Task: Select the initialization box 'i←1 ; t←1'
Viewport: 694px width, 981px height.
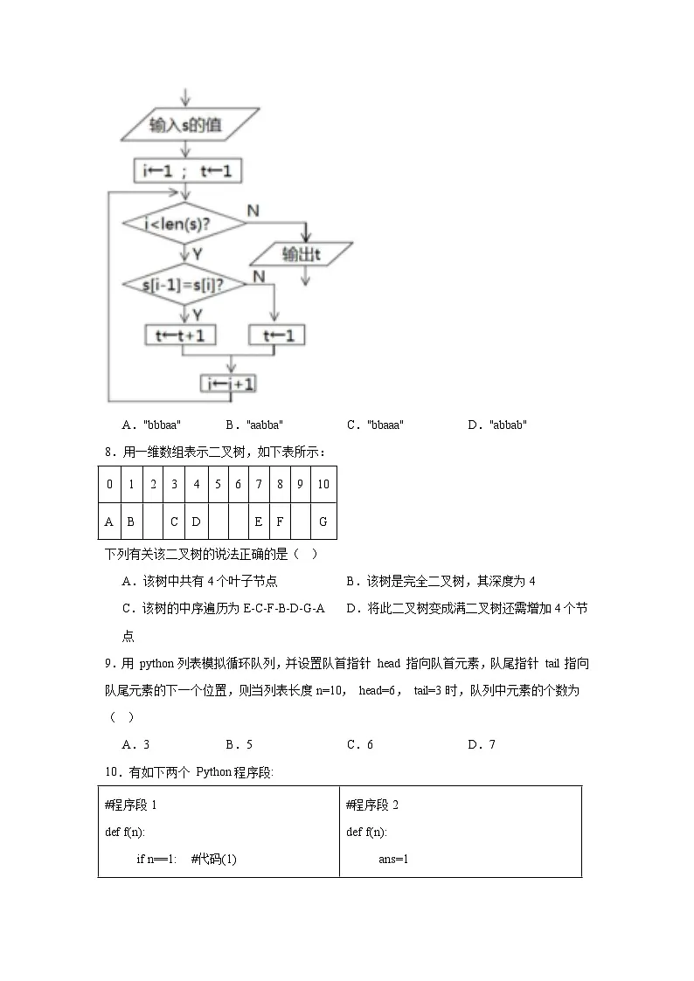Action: click(187, 171)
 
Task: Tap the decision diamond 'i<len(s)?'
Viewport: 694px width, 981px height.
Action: click(184, 225)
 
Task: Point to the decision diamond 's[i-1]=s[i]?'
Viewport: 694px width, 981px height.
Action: click(184, 285)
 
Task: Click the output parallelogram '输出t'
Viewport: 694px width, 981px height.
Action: click(302, 254)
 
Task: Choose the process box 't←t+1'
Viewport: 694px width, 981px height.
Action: click(180, 335)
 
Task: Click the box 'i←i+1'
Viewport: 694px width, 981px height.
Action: click(230, 383)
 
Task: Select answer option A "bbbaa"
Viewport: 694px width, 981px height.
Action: click(152, 425)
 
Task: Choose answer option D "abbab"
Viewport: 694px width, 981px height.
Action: click(497, 425)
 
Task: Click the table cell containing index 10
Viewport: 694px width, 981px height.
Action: click(323, 484)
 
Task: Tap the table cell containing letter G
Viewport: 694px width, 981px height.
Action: click(323, 522)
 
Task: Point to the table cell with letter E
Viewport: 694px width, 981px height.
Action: click(259, 522)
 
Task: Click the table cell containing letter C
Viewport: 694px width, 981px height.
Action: click(174, 522)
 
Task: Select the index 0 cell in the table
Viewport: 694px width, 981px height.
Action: click(109, 484)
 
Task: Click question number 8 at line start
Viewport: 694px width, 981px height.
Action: click(108, 453)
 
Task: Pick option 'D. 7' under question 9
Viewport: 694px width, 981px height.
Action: click(482, 744)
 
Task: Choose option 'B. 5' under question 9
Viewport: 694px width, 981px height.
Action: click(239, 744)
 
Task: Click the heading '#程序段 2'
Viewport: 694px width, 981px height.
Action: click(372, 805)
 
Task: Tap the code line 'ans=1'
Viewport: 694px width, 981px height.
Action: click(393, 859)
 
